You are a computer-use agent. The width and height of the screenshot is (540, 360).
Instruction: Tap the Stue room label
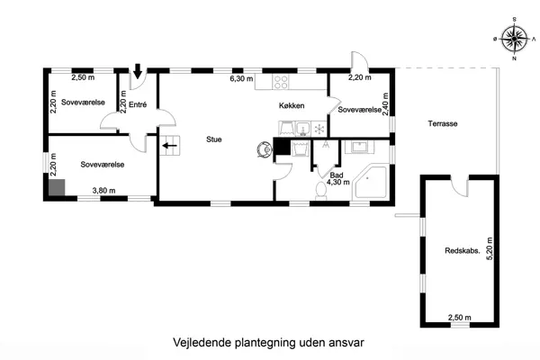click(214, 139)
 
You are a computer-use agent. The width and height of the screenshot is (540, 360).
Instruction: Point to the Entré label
click(138, 105)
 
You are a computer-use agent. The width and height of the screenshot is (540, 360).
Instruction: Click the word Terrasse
click(443, 124)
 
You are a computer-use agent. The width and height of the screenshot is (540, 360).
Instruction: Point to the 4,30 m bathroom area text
click(337, 183)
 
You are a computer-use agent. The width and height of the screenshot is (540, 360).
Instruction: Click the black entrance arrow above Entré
click(138, 72)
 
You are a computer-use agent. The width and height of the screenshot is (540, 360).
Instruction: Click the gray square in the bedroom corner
click(57, 187)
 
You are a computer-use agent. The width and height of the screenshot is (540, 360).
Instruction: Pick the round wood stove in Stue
click(263, 148)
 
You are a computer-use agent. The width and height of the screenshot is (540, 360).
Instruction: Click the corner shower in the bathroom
click(373, 183)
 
